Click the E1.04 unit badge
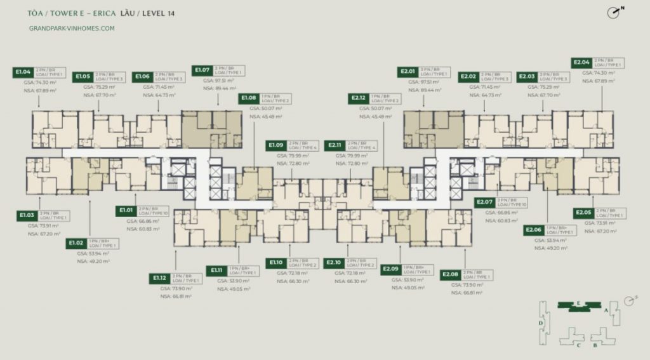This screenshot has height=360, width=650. pos(23,72)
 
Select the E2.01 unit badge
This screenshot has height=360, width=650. pos(409,71)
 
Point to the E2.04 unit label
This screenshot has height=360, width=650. pos(582,62)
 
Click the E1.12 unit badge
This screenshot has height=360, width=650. pos(159,277)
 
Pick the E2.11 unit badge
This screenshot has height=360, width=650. pos(335,145)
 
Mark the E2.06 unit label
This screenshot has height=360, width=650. pos(534,230)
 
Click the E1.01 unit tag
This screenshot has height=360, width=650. pos(125,210)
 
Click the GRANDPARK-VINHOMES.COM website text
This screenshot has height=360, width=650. pos(72,28)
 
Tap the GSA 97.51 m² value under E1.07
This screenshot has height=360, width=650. pos(219,81)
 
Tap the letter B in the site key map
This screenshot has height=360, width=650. pos(595,345)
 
